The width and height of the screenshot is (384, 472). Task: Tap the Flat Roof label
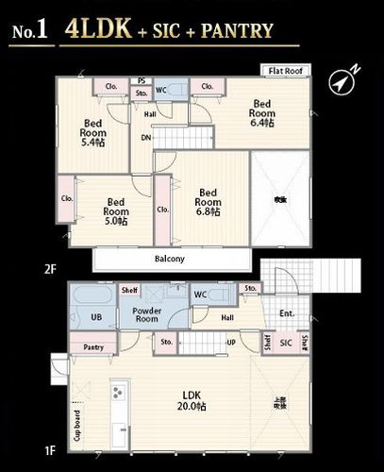285,70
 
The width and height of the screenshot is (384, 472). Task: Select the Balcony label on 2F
169,259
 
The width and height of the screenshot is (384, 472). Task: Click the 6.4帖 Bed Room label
261,113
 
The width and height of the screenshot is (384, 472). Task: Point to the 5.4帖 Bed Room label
92,133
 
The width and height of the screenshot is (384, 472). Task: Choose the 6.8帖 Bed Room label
209,201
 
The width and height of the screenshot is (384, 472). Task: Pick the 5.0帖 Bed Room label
117,211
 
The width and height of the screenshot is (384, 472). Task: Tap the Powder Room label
146,314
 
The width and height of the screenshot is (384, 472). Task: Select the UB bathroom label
95,317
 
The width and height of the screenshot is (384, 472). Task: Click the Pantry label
92,347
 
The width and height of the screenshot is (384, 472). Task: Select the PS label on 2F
142,81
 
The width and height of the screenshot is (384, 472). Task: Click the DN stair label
146,138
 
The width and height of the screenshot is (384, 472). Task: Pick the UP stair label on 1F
232,342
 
